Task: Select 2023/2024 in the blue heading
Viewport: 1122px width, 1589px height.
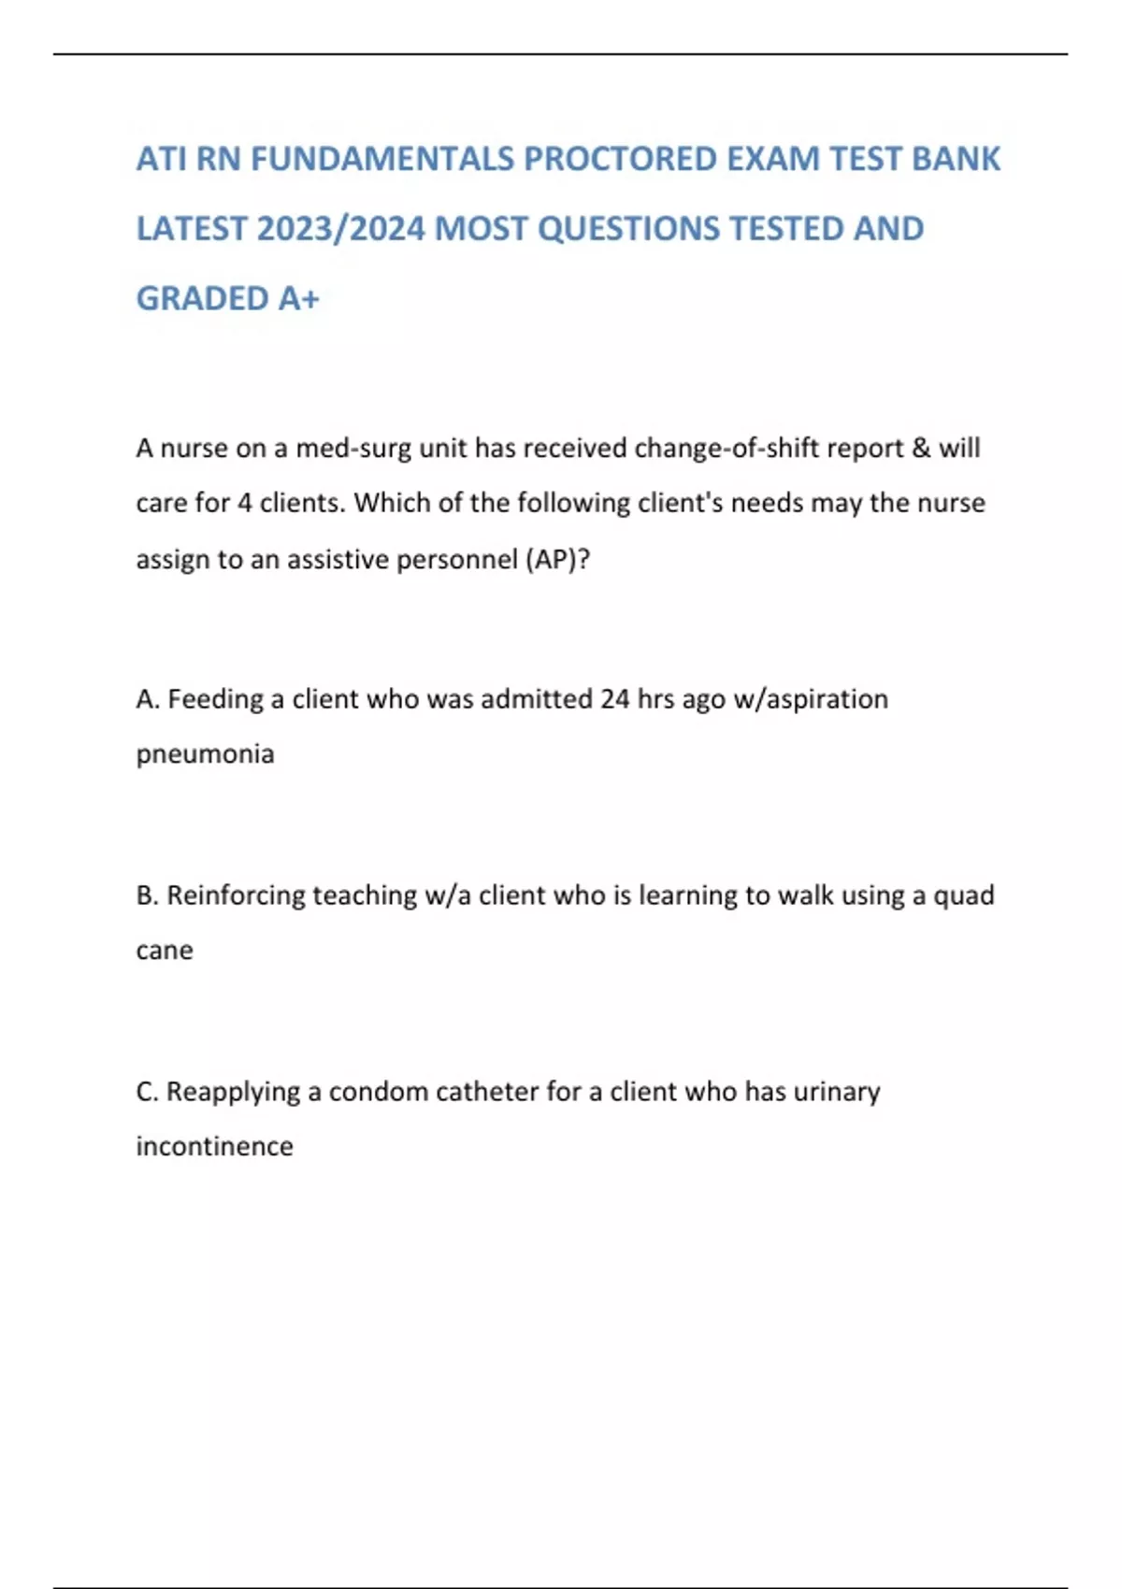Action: (x=340, y=229)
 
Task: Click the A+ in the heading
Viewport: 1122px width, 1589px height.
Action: (x=298, y=299)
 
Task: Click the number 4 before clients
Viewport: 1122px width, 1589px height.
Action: (x=244, y=504)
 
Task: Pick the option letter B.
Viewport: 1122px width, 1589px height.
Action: (x=147, y=895)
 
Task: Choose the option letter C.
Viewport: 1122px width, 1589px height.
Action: (x=147, y=1092)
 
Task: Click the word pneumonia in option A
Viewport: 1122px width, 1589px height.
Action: (x=205, y=755)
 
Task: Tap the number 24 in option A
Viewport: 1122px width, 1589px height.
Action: (x=614, y=699)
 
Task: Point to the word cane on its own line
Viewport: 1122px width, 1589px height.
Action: (x=165, y=951)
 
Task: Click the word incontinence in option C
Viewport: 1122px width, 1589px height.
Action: (x=214, y=1147)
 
